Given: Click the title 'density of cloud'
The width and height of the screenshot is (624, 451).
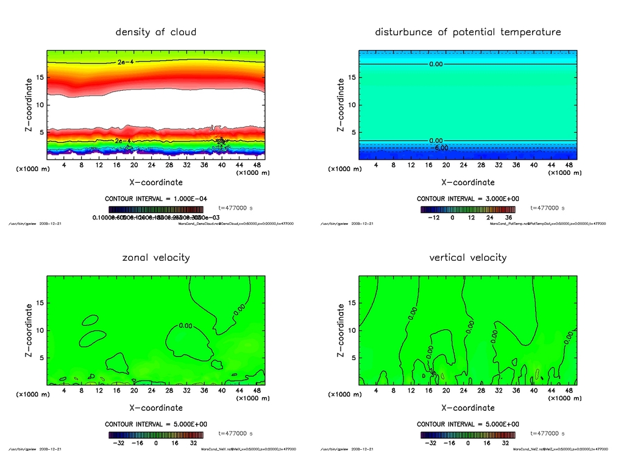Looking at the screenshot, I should click(156, 32).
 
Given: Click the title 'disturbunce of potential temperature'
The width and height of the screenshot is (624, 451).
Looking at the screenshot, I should click(467, 32).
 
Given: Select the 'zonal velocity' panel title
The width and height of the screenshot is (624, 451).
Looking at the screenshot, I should click(156, 257).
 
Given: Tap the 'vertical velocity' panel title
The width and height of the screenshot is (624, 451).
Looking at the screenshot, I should click(467, 257).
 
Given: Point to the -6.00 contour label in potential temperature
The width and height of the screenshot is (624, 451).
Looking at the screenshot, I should click(440, 147).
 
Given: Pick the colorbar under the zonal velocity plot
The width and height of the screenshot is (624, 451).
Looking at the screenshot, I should click(156, 435).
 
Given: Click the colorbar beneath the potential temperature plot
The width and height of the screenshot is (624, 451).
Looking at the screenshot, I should click(467, 209).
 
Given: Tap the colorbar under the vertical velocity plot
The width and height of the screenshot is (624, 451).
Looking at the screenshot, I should click(467, 435).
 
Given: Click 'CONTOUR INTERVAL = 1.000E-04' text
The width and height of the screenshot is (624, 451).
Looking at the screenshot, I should click(156, 199).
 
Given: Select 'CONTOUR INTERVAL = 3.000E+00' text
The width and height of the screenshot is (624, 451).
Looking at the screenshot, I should click(467, 199).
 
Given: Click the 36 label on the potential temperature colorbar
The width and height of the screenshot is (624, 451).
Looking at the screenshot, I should click(508, 218).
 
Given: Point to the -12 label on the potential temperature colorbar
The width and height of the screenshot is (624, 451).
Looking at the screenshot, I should click(434, 218).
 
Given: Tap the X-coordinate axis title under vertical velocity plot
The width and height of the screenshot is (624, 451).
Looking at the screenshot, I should click(467, 408).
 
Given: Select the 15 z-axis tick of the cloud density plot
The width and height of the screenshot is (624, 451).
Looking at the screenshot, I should click(40, 77).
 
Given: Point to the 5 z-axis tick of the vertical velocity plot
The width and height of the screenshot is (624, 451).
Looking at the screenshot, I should click(352, 358).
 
